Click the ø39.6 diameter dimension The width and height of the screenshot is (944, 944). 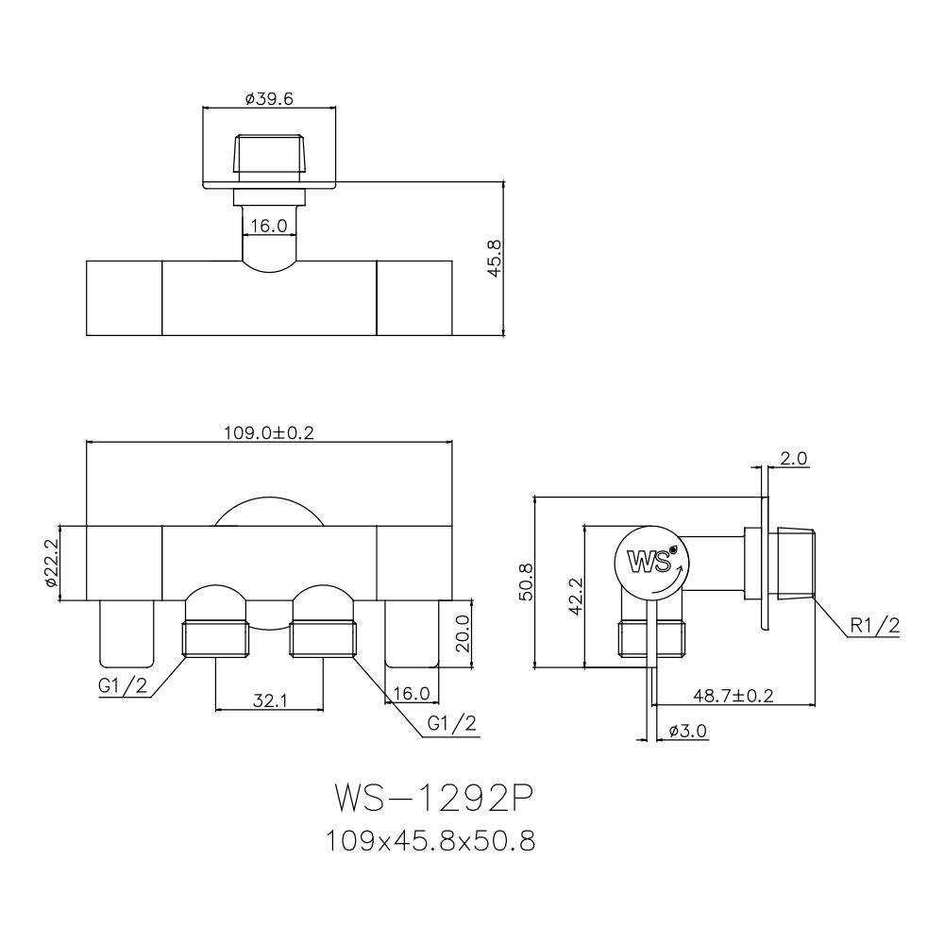click(269, 99)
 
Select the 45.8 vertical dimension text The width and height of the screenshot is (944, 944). click(495, 259)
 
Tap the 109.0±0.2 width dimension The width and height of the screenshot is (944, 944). click(269, 433)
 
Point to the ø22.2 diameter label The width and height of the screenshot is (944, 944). click(51, 564)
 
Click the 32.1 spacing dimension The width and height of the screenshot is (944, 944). click(270, 700)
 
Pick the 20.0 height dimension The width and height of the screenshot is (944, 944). click(463, 633)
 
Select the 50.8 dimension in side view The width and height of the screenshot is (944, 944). click(526, 582)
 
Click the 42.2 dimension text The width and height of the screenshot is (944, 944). click(576, 596)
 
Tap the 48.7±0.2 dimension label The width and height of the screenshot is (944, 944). click(733, 696)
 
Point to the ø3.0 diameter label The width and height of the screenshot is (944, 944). click(688, 732)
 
